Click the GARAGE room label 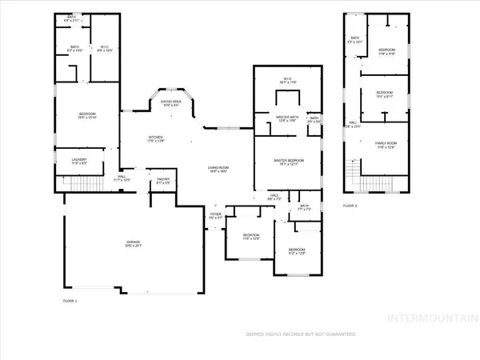(x=133, y=242)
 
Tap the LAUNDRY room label (x=78, y=158)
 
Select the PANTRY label (x=163, y=179)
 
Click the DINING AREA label (x=171, y=102)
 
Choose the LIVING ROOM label (x=219, y=166)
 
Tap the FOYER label (x=215, y=214)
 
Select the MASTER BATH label (x=287, y=118)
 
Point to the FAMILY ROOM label (x=386, y=144)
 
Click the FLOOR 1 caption (x=70, y=299)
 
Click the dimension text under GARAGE (x=133, y=246)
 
